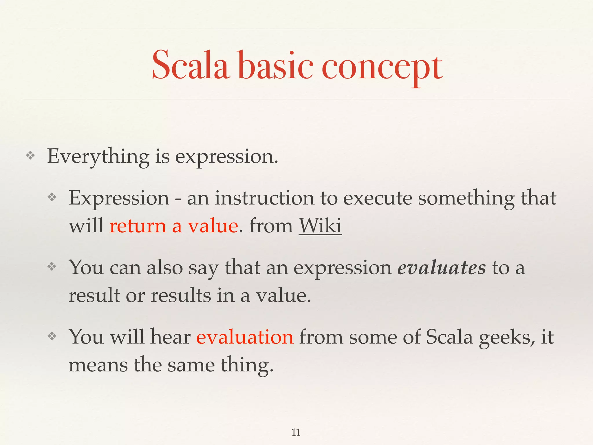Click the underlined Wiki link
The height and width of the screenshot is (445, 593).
click(320, 226)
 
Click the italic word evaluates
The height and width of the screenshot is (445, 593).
click(441, 267)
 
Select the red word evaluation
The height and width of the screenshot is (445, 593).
click(245, 337)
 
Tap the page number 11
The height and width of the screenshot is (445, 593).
click(296, 432)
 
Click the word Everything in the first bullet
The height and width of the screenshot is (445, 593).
click(98, 157)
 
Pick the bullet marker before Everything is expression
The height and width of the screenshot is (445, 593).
click(30, 156)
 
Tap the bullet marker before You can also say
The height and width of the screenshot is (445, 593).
click(52, 267)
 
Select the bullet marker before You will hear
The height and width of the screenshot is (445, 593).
click(52, 336)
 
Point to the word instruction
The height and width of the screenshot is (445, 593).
click(264, 198)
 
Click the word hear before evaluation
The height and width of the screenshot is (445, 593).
click(170, 337)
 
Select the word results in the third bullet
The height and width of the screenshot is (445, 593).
click(181, 296)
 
